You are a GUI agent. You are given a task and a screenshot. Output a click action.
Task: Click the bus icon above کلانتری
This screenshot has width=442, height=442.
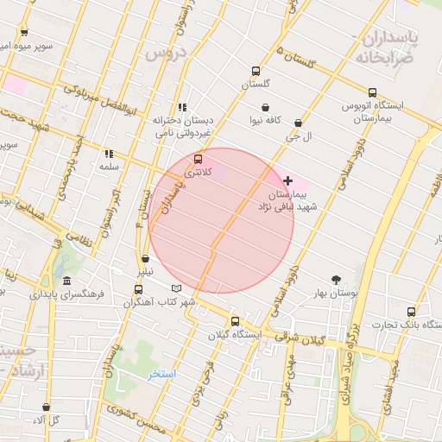click(199, 159)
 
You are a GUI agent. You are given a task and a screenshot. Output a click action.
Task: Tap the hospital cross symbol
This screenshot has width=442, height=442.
click(287, 180)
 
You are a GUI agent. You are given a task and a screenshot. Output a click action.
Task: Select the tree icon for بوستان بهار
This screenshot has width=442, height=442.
click(335, 279)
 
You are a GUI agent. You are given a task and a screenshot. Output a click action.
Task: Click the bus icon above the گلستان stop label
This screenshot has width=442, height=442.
click(255, 71)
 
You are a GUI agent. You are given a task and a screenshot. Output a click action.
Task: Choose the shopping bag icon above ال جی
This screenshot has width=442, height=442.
click(299, 123)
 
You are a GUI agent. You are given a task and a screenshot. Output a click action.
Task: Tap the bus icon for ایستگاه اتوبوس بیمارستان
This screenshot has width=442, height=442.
click(372, 92)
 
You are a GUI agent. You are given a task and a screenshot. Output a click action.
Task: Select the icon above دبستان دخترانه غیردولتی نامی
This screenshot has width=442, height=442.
click(182, 106)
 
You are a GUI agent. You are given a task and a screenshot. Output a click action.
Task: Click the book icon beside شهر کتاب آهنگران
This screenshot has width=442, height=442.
click(177, 287)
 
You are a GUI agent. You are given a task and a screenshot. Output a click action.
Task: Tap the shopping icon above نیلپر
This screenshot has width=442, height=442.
click(144, 258)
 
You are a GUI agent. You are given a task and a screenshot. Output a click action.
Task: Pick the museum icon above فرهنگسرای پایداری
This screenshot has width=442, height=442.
click(67, 281)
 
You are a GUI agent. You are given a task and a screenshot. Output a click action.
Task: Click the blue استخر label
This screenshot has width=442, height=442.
click(162, 374)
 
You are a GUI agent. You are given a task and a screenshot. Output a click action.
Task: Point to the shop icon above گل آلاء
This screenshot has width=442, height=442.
click(46, 407)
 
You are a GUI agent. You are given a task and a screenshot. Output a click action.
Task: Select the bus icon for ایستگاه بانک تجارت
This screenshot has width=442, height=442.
click(411, 312)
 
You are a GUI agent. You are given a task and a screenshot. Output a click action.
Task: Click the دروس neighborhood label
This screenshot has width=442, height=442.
click(166, 54)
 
